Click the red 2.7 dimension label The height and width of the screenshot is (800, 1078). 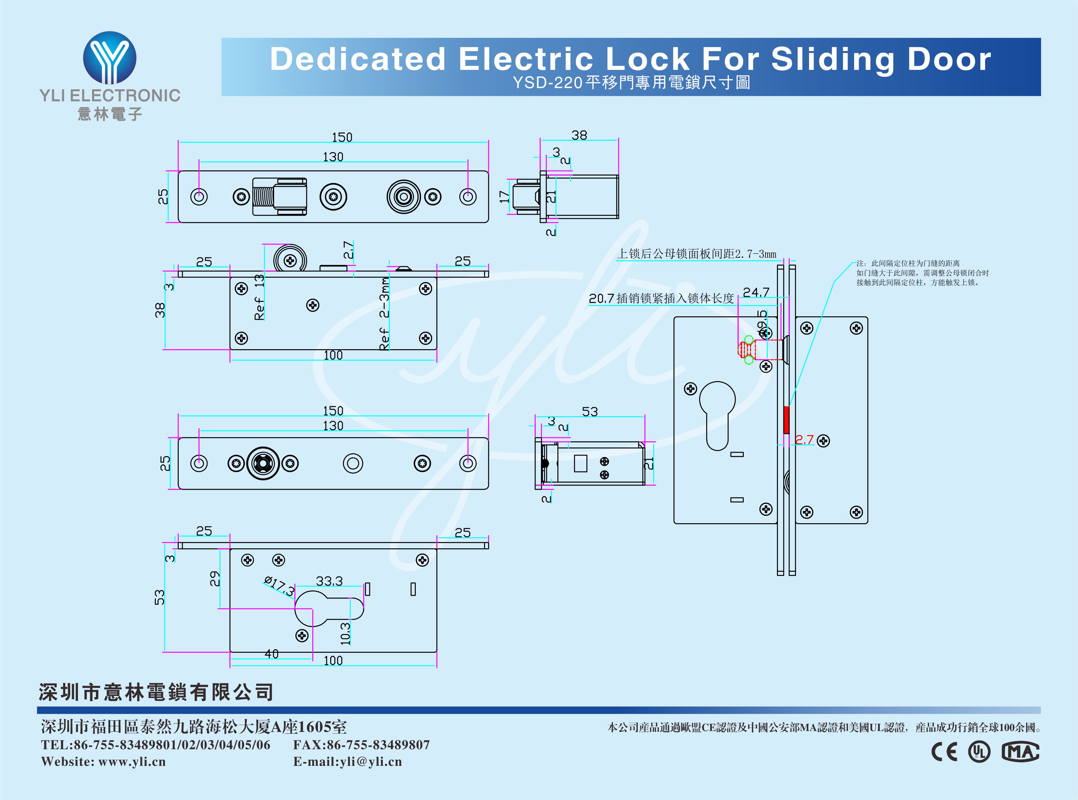point(804,440)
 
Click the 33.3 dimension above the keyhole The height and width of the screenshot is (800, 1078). point(329,581)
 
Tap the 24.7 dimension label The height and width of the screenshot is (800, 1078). point(756,292)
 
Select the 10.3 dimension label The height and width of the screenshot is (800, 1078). point(345,633)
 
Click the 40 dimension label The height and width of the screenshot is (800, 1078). point(272,654)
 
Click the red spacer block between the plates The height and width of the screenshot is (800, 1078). point(786,420)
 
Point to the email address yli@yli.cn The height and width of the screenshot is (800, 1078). point(371,762)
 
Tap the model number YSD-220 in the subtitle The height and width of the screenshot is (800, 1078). point(547,83)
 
